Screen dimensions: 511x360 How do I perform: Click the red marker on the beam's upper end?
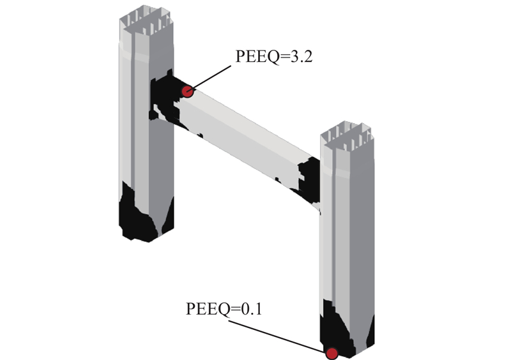187,91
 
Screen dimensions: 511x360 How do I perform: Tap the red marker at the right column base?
332,354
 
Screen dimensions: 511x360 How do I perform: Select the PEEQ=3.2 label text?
274,57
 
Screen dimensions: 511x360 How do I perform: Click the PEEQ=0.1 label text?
224,309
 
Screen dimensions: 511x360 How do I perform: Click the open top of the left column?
146,20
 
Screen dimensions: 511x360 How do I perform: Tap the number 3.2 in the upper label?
301,57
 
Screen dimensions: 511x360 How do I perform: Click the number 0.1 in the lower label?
251,309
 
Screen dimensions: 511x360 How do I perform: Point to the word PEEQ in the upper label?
257,57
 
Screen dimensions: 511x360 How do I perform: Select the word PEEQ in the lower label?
208,309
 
